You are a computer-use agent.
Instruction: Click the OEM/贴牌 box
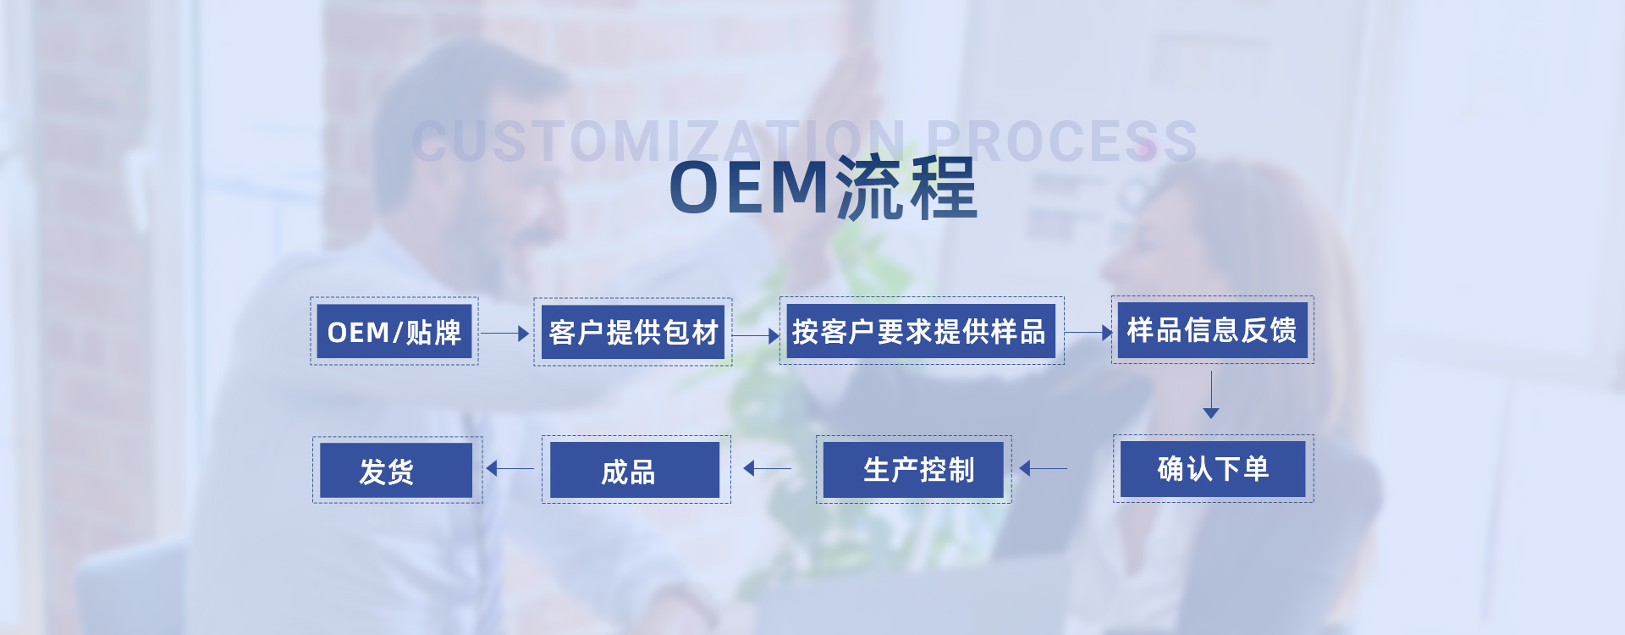(394, 331)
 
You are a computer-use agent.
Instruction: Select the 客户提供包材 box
(633, 332)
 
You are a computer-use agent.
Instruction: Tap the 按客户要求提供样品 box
(922, 331)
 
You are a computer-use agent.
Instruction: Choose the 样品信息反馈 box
(1213, 330)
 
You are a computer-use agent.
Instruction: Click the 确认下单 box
(1214, 469)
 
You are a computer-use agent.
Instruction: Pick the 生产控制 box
(914, 470)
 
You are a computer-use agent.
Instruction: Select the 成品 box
(636, 470)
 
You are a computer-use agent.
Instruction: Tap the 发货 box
(398, 470)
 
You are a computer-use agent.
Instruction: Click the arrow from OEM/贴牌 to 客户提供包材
(505, 334)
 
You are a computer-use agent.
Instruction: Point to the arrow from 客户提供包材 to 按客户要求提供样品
(756, 335)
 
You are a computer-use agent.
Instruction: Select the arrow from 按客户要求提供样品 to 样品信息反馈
(1088, 333)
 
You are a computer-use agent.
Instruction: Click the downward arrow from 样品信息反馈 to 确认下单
(1211, 395)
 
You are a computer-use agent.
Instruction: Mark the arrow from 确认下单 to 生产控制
(1043, 468)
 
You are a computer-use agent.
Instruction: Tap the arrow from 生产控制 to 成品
(767, 468)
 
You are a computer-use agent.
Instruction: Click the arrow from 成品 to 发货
(510, 468)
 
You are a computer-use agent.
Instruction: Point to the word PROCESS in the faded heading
(1061, 141)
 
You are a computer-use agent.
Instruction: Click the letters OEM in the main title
(750, 187)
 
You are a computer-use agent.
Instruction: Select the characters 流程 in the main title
(906, 187)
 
